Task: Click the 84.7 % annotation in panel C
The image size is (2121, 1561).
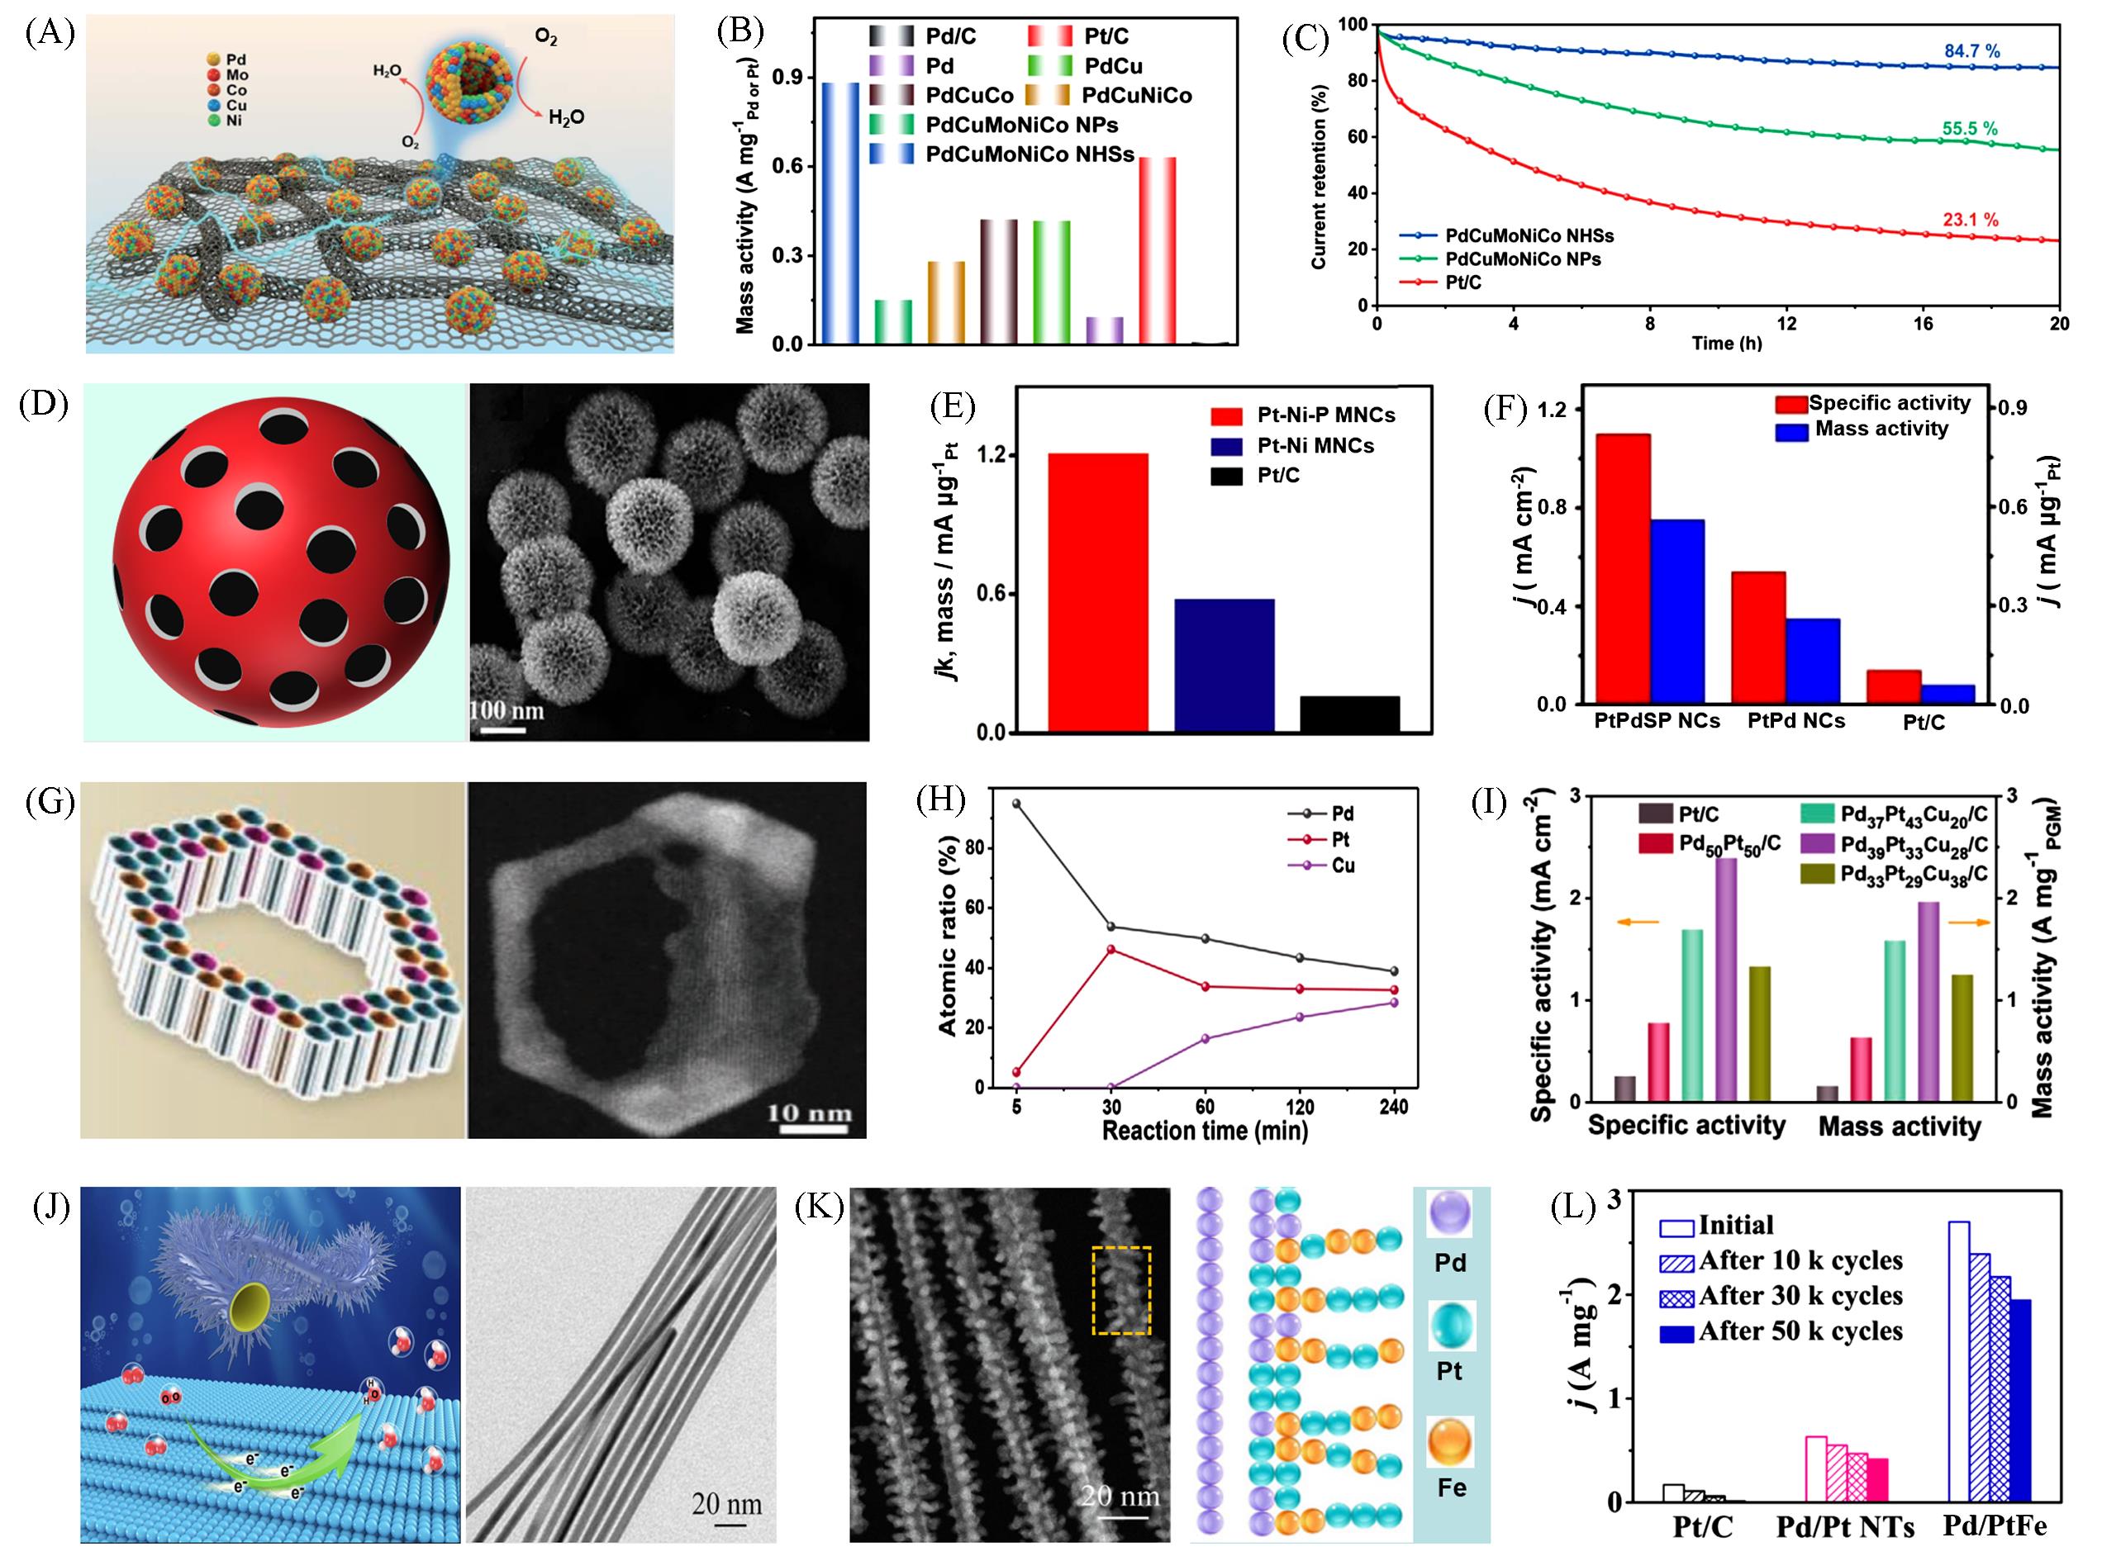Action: click(1971, 51)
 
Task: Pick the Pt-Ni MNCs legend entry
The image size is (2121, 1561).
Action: click(1315, 445)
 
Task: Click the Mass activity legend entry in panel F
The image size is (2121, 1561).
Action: click(1881, 429)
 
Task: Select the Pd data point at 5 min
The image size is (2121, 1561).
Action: click(1016, 803)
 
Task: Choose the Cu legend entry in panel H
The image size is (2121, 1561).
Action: click(1342, 866)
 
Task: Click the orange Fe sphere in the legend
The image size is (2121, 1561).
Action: click(1450, 1443)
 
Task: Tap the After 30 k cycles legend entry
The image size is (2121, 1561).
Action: click(1800, 1296)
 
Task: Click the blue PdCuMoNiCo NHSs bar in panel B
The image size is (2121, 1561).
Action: click(840, 212)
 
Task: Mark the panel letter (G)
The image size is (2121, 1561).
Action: click(49, 802)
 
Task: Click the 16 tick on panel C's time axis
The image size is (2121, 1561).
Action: click(1924, 324)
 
